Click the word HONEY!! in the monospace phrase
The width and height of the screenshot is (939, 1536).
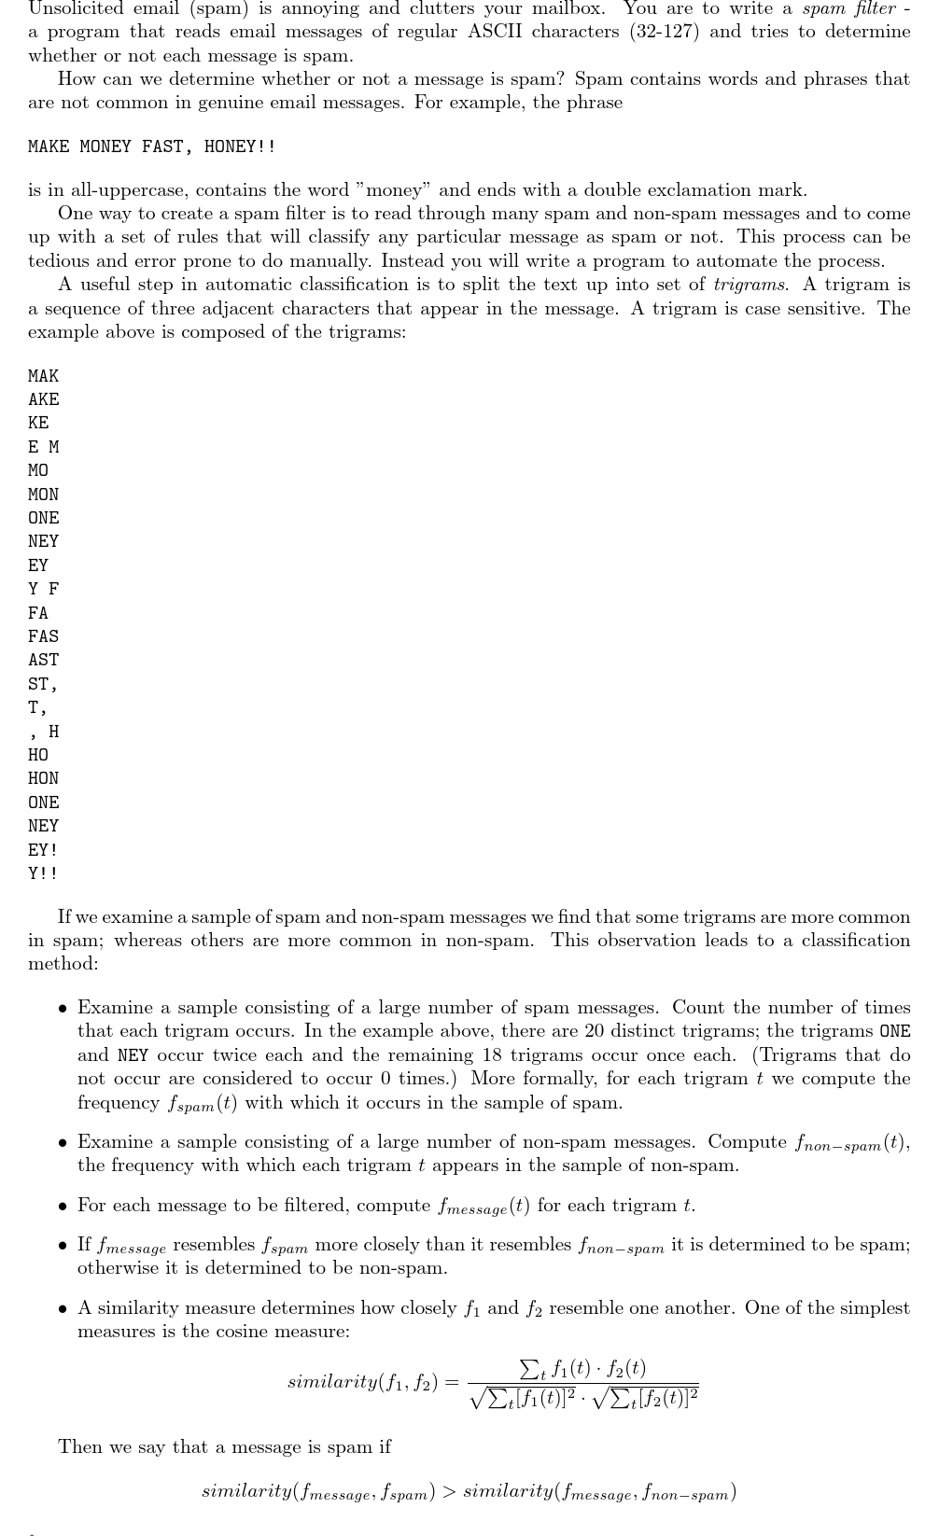[x=240, y=147]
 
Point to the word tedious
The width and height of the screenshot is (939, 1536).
[x=59, y=260]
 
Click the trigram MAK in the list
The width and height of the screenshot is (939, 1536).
[x=43, y=376]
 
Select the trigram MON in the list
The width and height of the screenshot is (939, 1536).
[x=43, y=495]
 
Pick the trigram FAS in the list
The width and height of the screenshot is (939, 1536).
[x=43, y=636]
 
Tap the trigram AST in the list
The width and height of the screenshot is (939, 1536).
[x=43, y=660]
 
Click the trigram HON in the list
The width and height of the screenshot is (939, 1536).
[x=43, y=778]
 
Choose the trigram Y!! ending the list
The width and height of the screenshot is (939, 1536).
[x=43, y=873]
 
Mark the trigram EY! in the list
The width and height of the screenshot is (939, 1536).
[x=43, y=850]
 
